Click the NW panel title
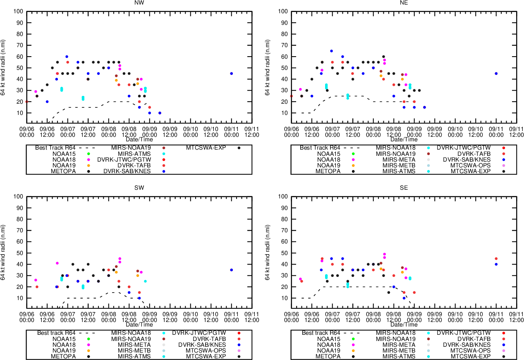pos(139,2)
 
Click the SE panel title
pos(404,188)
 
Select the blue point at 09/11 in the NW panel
pos(231,74)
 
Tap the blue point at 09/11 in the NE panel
pos(496,74)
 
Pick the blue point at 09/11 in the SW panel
pos(231,270)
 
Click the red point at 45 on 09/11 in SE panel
pos(496,259)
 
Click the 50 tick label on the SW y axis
pos(20,253)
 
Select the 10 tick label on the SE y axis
pos(285,298)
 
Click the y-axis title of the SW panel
pos(3,253)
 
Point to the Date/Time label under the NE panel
pos(404,139)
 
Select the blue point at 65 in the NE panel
pos(331,51)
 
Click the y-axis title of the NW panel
pos(3,67)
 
